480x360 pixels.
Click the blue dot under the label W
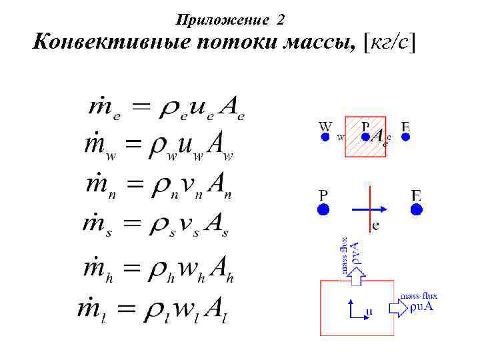pos(325,137)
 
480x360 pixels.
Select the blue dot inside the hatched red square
pos(365,137)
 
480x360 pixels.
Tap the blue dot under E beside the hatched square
pos(405,137)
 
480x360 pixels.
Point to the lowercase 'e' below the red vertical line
pos(376,225)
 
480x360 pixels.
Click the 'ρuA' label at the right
pos(423,307)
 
